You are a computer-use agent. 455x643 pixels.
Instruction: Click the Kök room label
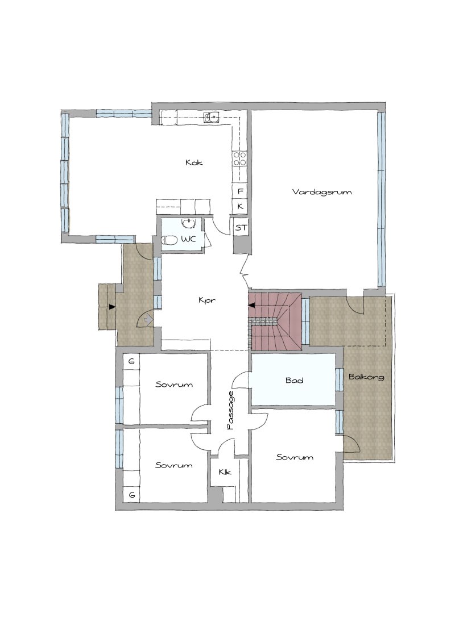pyautogui.click(x=194, y=162)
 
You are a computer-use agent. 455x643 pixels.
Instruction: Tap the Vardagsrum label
pyautogui.click(x=322, y=191)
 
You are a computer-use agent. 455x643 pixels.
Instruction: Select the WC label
pyautogui.click(x=188, y=239)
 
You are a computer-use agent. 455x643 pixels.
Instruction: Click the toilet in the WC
pyautogui.click(x=169, y=240)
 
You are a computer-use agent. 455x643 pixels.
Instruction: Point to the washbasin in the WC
pyautogui.click(x=188, y=223)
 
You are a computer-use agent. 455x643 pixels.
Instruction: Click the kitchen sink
pyautogui.click(x=211, y=118)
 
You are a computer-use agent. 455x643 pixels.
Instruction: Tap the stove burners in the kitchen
pyautogui.click(x=239, y=158)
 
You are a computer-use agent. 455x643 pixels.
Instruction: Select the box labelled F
pyautogui.click(x=240, y=191)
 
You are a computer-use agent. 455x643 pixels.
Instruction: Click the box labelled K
pyautogui.click(x=240, y=206)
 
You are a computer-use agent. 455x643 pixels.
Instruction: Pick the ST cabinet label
pyautogui.click(x=241, y=228)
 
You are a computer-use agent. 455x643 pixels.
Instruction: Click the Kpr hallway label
pyautogui.click(x=207, y=300)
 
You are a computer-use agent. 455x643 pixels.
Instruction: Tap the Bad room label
pyautogui.click(x=295, y=380)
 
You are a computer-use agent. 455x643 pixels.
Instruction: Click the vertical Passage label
pyautogui.click(x=230, y=410)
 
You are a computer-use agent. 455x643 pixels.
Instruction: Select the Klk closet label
pyautogui.click(x=225, y=472)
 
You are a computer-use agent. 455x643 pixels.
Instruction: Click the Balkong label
pyautogui.click(x=366, y=377)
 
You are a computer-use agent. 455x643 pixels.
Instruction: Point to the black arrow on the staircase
pyautogui.click(x=251, y=304)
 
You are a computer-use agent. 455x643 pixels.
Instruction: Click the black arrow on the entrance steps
pyautogui.click(x=111, y=306)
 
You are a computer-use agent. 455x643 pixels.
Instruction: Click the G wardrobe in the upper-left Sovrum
pyautogui.click(x=131, y=362)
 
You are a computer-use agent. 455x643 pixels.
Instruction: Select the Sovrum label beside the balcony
pyautogui.click(x=295, y=457)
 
